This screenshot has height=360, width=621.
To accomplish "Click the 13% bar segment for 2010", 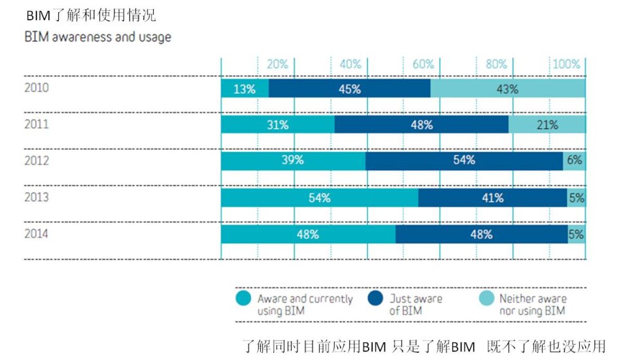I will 244,90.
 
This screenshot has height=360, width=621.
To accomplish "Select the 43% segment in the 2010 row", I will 507,90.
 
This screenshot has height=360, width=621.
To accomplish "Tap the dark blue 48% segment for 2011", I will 421,125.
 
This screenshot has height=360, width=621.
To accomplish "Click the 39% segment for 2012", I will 293,160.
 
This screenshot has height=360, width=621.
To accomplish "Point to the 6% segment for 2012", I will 574,160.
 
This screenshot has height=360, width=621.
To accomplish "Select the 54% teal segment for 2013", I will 319,198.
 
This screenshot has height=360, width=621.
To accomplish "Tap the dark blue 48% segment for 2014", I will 481,234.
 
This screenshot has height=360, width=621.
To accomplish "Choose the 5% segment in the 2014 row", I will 576,234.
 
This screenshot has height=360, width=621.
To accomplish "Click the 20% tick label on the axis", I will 277,64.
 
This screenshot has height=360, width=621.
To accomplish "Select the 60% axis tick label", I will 424,64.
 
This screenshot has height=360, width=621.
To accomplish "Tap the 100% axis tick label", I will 566,64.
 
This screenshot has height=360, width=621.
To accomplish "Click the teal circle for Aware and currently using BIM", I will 243,300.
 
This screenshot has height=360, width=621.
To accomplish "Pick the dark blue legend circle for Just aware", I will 375,300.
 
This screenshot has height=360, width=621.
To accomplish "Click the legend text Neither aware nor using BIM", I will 533,305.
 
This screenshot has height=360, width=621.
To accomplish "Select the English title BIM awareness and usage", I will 98,37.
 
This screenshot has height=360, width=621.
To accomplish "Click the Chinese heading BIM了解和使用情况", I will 91,14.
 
